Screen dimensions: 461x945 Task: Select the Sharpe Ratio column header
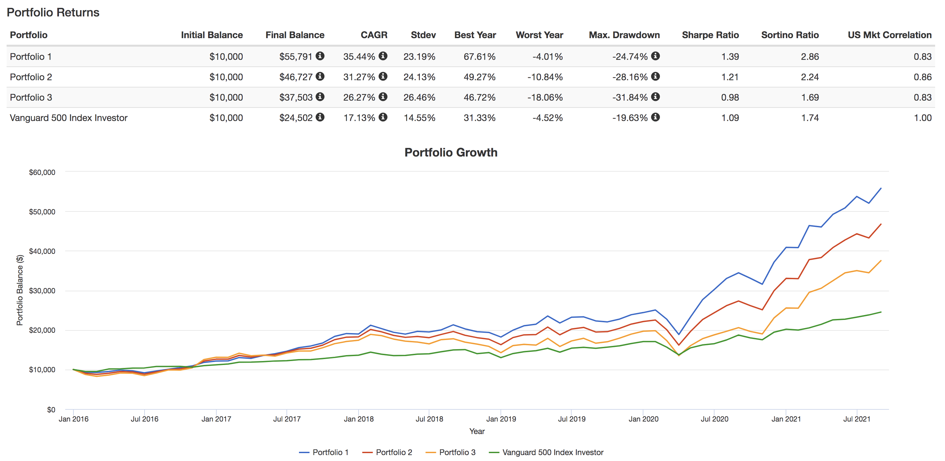pyautogui.click(x=710, y=35)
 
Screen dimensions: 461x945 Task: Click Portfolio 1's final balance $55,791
pyautogui.click(x=295, y=57)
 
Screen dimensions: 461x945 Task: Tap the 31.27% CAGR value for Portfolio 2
pyautogui.click(x=359, y=77)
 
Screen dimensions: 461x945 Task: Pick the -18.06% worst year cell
pyautogui.click(x=545, y=97)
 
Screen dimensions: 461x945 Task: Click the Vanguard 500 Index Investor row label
pyautogui.click(x=68, y=118)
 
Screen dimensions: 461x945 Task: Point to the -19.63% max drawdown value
pyautogui.click(x=630, y=118)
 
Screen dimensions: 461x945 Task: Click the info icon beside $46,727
pyautogui.click(x=320, y=76)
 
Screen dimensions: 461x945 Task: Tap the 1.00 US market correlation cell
pyautogui.click(x=922, y=118)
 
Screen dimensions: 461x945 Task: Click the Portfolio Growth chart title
pyautogui.click(x=450, y=153)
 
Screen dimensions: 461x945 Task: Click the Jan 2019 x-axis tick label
pyautogui.click(x=501, y=419)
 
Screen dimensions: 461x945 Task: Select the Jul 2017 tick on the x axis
pyautogui.click(x=286, y=419)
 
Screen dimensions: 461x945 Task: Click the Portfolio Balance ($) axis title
pyautogui.click(x=20, y=290)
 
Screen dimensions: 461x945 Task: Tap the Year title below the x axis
pyautogui.click(x=476, y=431)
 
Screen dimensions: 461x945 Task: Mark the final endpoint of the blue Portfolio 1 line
pyautogui.click(x=881, y=188)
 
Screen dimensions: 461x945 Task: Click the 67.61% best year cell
pyautogui.click(x=479, y=57)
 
